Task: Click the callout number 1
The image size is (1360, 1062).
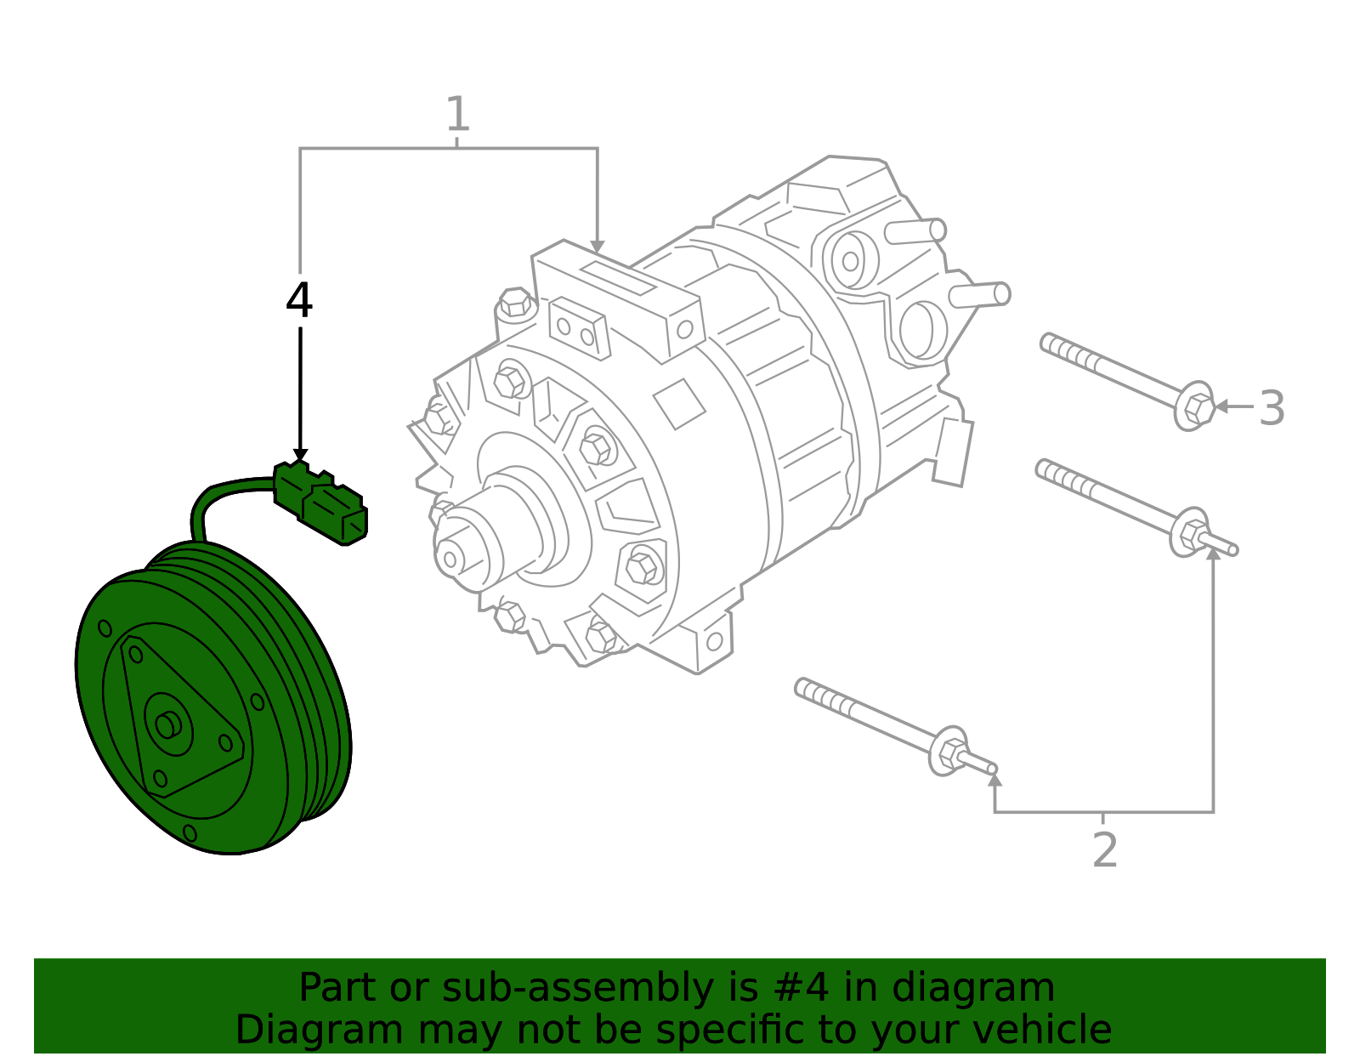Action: [x=457, y=115]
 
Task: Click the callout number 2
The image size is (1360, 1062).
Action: [x=1104, y=850]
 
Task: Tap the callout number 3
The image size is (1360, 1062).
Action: [x=1272, y=408]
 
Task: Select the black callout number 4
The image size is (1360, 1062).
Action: [x=298, y=301]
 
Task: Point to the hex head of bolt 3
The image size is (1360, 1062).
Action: [x=1196, y=407]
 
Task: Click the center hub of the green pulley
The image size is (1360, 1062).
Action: [x=167, y=725]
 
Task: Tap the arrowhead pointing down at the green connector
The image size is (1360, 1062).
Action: [x=300, y=456]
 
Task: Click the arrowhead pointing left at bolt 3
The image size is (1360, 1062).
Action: [x=1221, y=406]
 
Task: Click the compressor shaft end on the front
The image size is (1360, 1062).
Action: [x=450, y=558]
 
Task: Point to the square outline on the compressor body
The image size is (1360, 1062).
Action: [x=678, y=403]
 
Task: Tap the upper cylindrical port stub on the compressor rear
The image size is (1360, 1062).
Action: [x=916, y=230]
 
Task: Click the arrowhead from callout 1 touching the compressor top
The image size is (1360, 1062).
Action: [x=597, y=247]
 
